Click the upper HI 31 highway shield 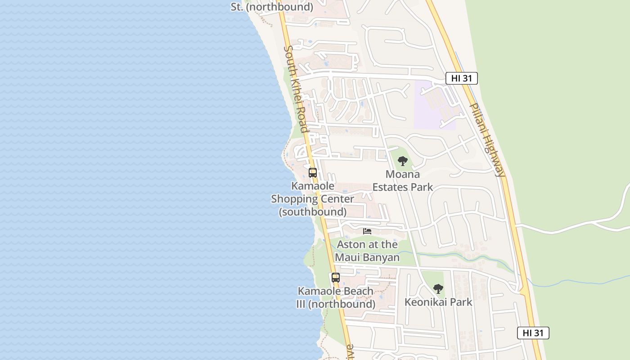461,78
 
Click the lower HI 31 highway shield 533,333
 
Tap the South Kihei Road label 296,89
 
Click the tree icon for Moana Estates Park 403,161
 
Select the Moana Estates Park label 403,180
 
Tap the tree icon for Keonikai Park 438,289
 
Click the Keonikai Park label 438,302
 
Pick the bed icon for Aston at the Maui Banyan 367,231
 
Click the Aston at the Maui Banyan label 368,251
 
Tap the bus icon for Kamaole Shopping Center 313,172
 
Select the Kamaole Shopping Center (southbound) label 313,198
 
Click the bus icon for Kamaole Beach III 336,278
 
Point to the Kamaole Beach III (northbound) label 336,297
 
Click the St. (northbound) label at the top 272,7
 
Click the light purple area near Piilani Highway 432,106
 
